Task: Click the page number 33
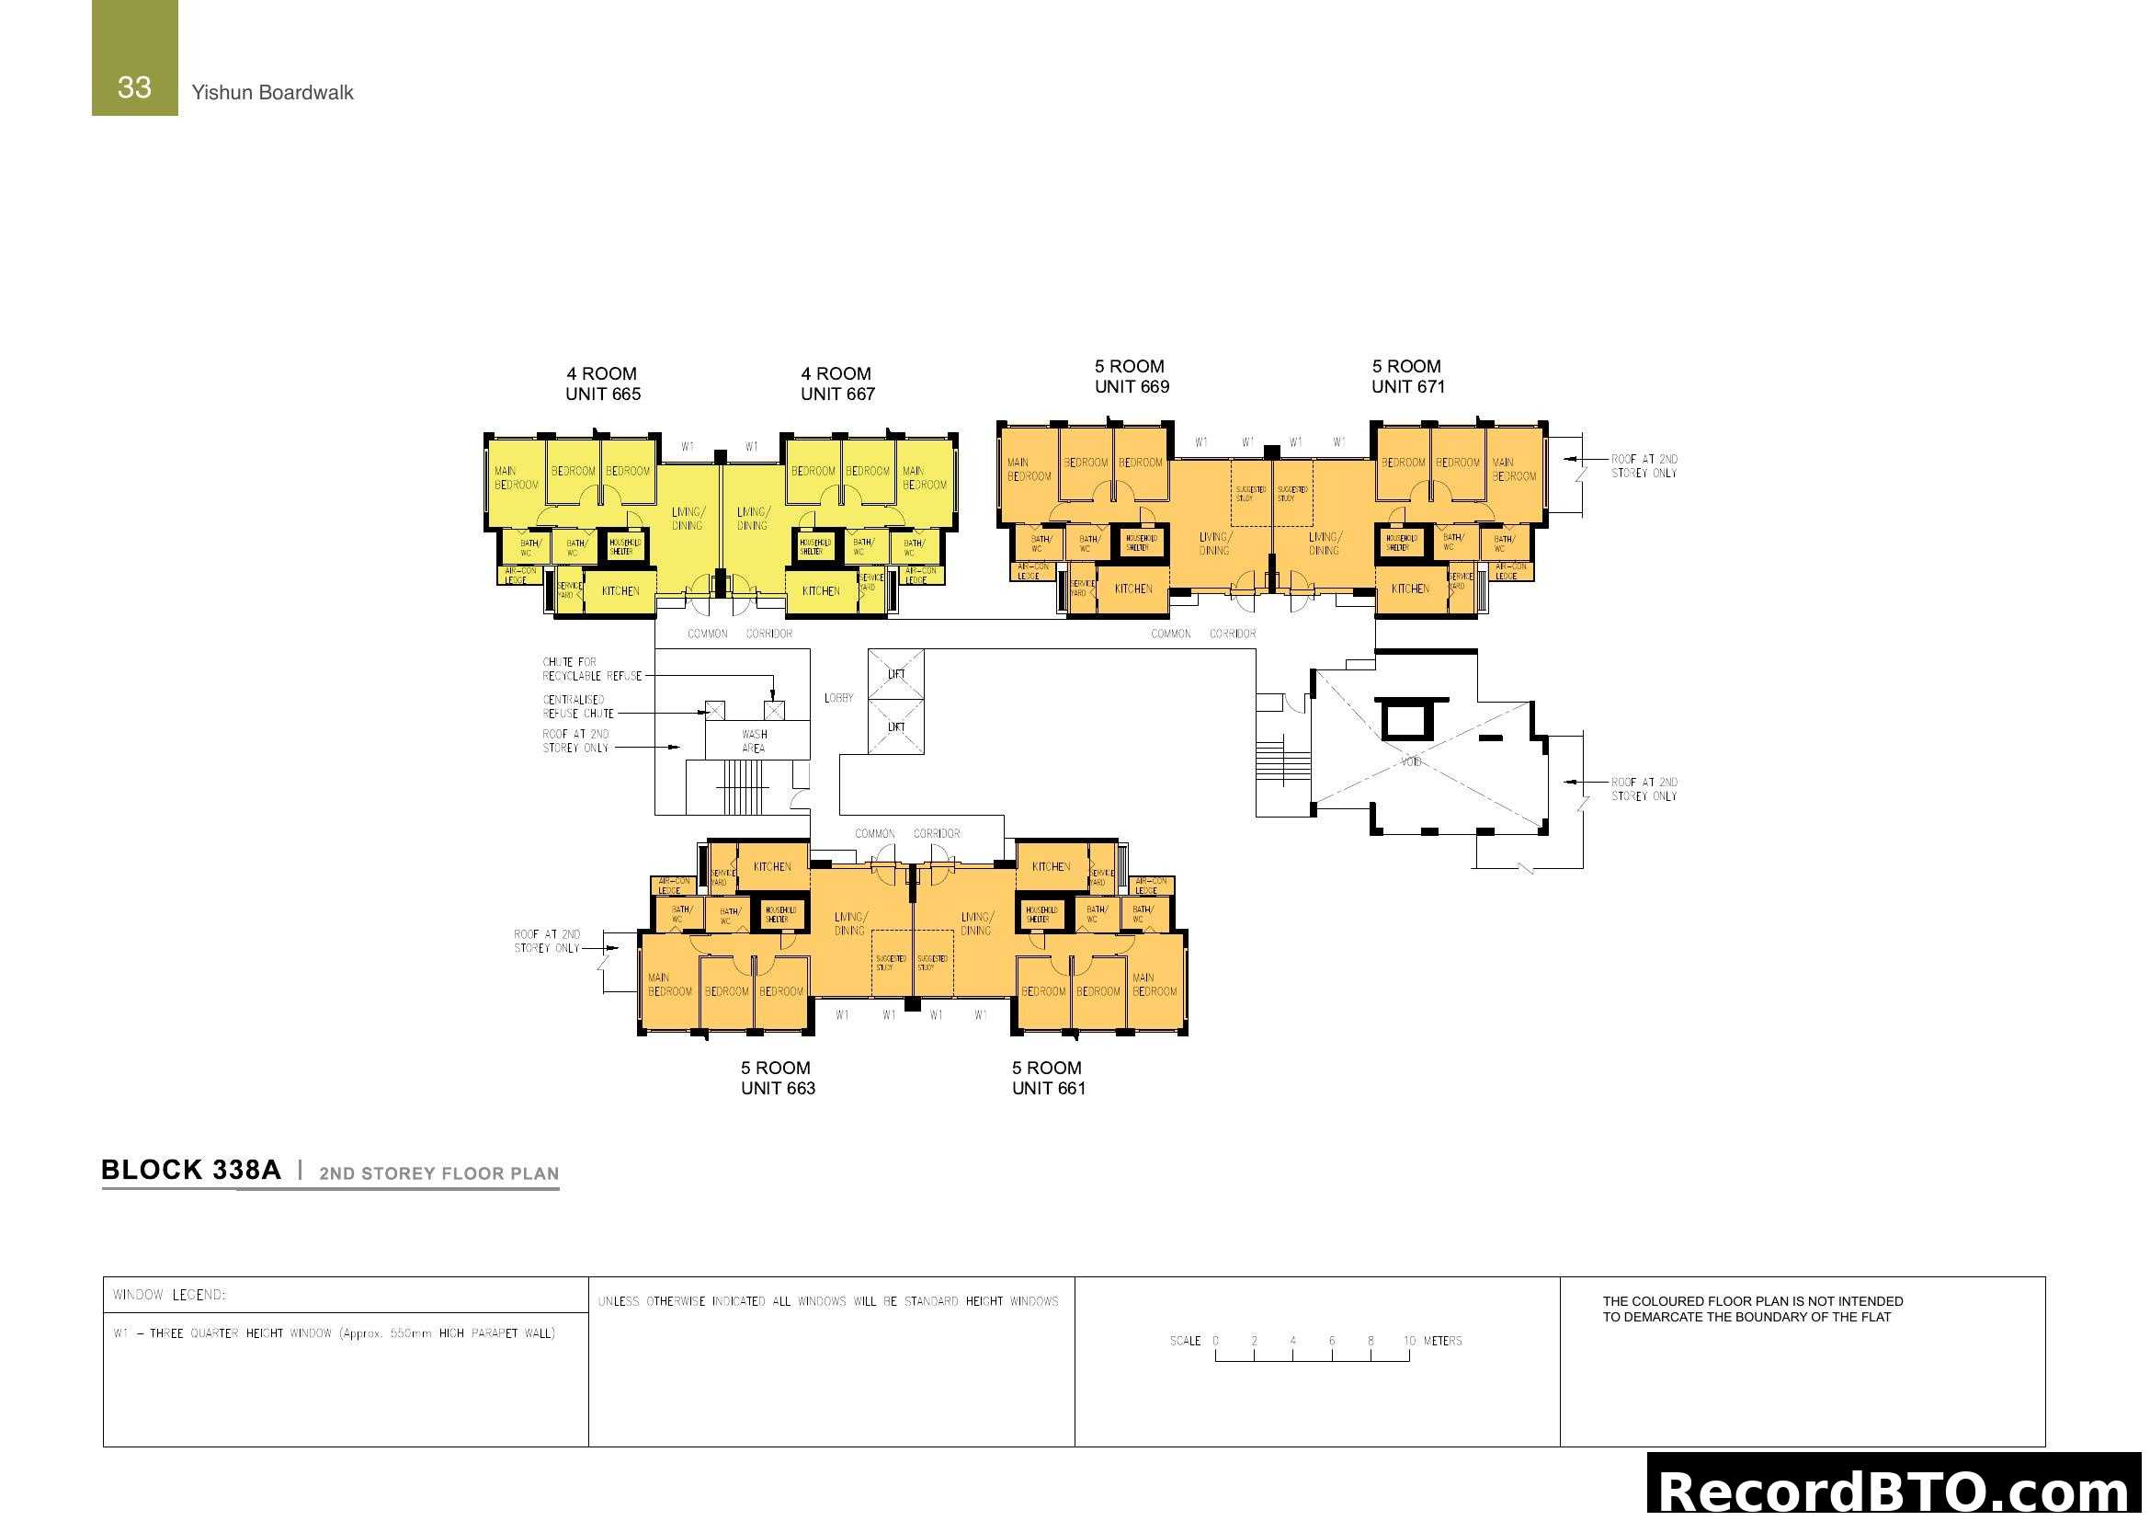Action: [134, 87]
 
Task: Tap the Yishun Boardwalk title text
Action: [272, 92]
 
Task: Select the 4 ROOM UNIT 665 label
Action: [602, 384]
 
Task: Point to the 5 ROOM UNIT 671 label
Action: [1407, 376]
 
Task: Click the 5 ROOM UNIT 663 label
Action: [778, 1078]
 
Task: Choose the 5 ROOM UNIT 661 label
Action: [1048, 1078]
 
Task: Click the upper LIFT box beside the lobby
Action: [896, 674]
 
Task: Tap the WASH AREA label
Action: [754, 741]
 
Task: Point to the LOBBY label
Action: [838, 698]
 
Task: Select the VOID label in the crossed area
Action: [1410, 761]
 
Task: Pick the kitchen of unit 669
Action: [1133, 589]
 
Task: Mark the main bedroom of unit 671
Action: [1513, 469]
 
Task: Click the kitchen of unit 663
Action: [772, 867]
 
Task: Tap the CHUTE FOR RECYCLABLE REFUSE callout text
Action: [592, 669]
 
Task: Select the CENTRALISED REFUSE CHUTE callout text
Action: [578, 707]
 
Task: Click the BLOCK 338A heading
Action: [191, 1170]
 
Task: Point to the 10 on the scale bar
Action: [1409, 1341]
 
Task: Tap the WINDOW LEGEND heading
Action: [169, 1296]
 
